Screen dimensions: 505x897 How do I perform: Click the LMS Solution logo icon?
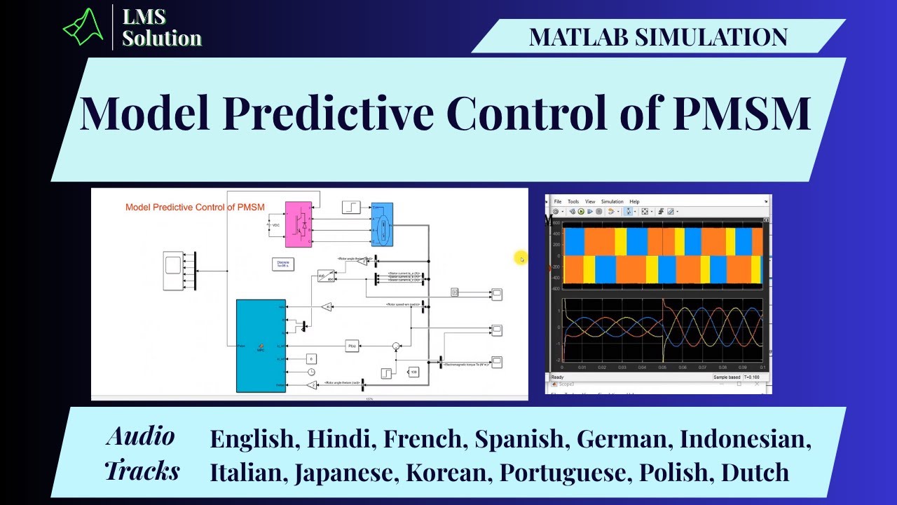pyautogui.click(x=83, y=27)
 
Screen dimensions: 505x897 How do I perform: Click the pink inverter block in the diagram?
pyautogui.click(x=298, y=224)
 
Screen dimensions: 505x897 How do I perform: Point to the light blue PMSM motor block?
pyautogui.click(x=382, y=224)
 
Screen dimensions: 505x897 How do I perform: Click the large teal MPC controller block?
pyautogui.click(x=261, y=346)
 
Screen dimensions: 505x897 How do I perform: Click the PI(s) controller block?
pyautogui.click(x=352, y=346)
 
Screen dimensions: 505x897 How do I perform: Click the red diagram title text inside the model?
pyautogui.click(x=195, y=207)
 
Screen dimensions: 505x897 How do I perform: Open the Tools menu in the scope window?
pyautogui.click(x=573, y=202)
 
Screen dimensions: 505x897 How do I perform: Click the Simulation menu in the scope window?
pyautogui.click(x=612, y=202)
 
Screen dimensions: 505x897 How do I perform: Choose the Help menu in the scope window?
pyautogui.click(x=634, y=202)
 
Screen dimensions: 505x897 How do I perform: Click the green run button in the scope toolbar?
pyautogui.click(x=582, y=211)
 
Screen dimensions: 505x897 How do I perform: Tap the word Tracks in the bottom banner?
pyautogui.click(x=142, y=470)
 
